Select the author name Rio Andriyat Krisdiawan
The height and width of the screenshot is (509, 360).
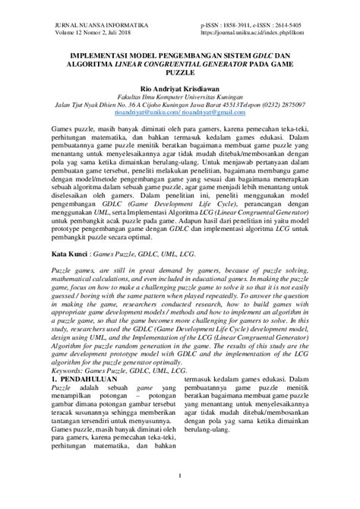(x=179, y=88)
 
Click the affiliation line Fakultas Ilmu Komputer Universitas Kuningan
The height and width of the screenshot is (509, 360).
(x=179, y=97)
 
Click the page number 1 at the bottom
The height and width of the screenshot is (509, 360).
(x=180, y=497)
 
